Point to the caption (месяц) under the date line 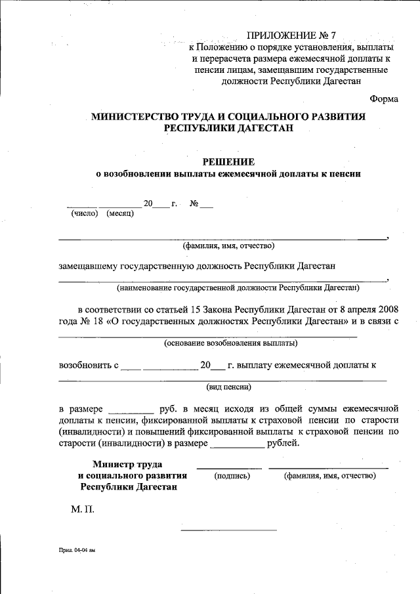pos(120,214)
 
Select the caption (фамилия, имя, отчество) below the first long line pos(228,246)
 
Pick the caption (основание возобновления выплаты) pos(230,343)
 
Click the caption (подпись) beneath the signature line pos(232,476)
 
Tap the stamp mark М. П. pos(83,509)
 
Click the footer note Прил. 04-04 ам pos(76,551)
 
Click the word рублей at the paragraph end pos(283,444)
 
